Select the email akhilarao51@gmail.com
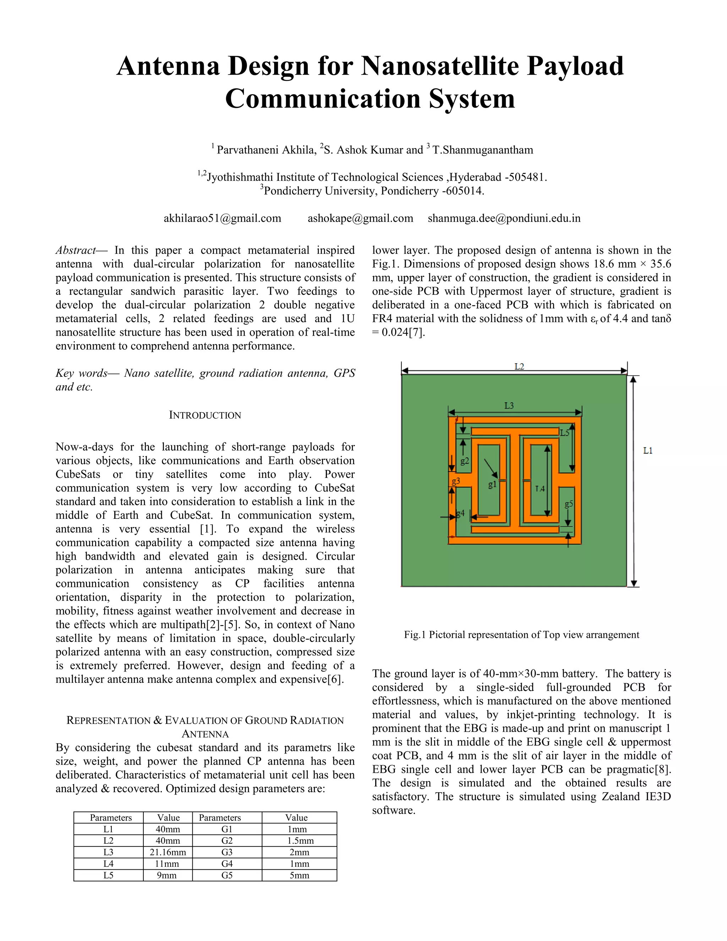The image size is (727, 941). coord(222,218)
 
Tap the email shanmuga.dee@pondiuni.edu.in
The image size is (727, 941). coord(504,218)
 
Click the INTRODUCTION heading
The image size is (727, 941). coord(205,415)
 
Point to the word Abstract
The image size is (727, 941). coord(76,250)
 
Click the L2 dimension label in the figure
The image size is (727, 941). coord(519,367)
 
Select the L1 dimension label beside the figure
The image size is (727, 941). coord(648,451)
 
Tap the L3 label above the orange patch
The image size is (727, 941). coord(509,406)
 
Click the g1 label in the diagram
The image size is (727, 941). coord(492,484)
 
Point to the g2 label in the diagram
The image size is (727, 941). coord(465,461)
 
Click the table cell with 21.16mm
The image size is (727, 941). coord(168,852)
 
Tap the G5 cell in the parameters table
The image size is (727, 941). coord(226,875)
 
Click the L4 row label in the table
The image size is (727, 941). coord(108,864)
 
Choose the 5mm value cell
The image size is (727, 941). coord(299,875)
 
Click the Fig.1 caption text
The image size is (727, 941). coord(521,635)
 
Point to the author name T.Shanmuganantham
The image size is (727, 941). coord(482,150)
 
